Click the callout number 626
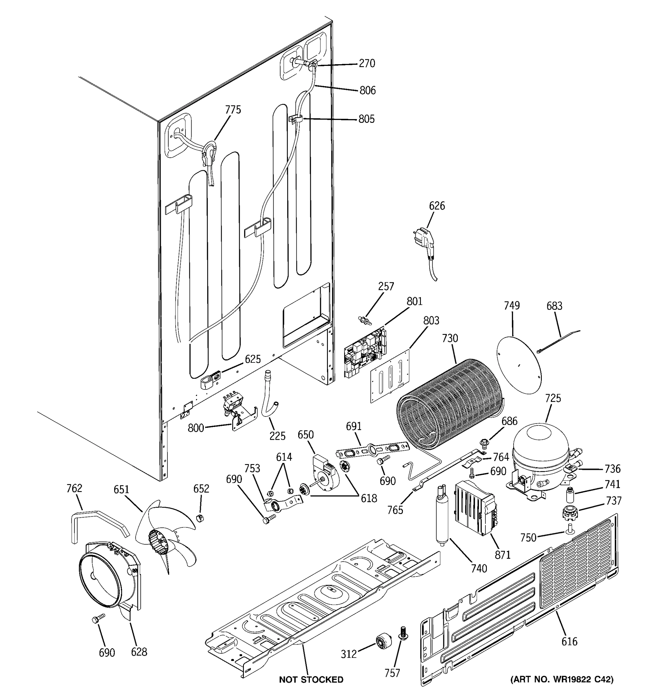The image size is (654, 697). coord(437,206)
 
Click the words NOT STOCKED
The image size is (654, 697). coord(311,680)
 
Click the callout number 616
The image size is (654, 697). coord(569,642)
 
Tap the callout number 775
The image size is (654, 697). coord(233,110)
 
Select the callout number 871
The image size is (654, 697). coord(503,555)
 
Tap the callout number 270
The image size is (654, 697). coord(367,64)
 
